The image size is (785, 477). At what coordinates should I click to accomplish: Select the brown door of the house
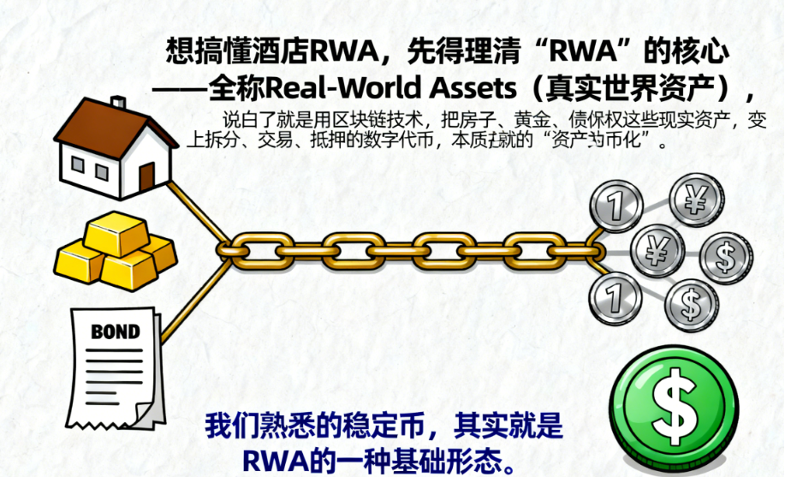(146, 176)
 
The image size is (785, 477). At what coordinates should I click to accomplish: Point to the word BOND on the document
(115, 331)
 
